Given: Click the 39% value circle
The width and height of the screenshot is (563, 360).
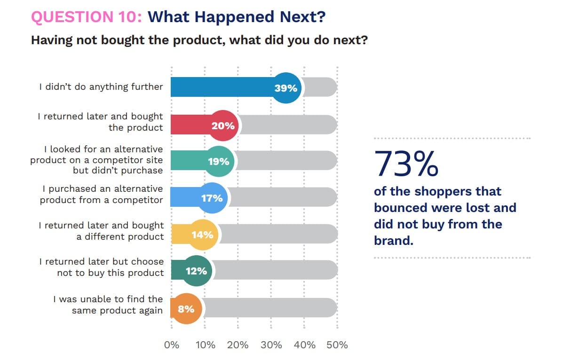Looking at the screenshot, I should pyautogui.click(x=286, y=88).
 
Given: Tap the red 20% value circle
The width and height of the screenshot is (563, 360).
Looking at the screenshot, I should pyautogui.click(x=222, y=125).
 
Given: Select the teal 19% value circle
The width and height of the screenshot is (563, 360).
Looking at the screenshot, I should pyautogui.click(x=218, y=161).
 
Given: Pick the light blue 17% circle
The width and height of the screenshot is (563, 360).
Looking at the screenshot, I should pyautogui.click(x=212, y=198).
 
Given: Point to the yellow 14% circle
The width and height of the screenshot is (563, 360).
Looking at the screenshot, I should pyautogui.click(x=202, y=234).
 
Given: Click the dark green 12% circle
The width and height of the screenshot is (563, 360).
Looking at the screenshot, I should pyautogui.click(x=196, y=271).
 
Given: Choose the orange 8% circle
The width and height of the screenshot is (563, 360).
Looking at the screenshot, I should pyautogui.click(x=186, y=309).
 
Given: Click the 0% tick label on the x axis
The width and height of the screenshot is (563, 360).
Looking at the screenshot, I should pyautogui.click(x=172, y=344).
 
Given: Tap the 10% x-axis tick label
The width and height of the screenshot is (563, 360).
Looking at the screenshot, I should pyautogui.click(x=205, y=344).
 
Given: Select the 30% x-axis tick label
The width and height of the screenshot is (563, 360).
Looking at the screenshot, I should pyautogui.click(x=271, y=344).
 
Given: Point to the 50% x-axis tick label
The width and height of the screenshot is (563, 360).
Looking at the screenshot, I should pyautogui.click(x=337, y=344).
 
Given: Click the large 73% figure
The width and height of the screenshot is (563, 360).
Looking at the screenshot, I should pyautogui.click(x=407, y=164).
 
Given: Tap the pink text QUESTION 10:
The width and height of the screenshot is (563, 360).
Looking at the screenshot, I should pyautogui.click(x=86, y=17).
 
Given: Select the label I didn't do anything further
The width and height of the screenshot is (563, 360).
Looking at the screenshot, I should pyautogui.click(x=101, y=87).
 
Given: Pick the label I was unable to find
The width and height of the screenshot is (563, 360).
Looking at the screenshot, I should pyautogui.click(x=108, y=299).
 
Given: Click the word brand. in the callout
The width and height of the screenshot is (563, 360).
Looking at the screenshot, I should pyautogui.click(x=393, y=240).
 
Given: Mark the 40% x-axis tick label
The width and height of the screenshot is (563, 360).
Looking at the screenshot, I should pyautogui.click(x=304, y=344).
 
